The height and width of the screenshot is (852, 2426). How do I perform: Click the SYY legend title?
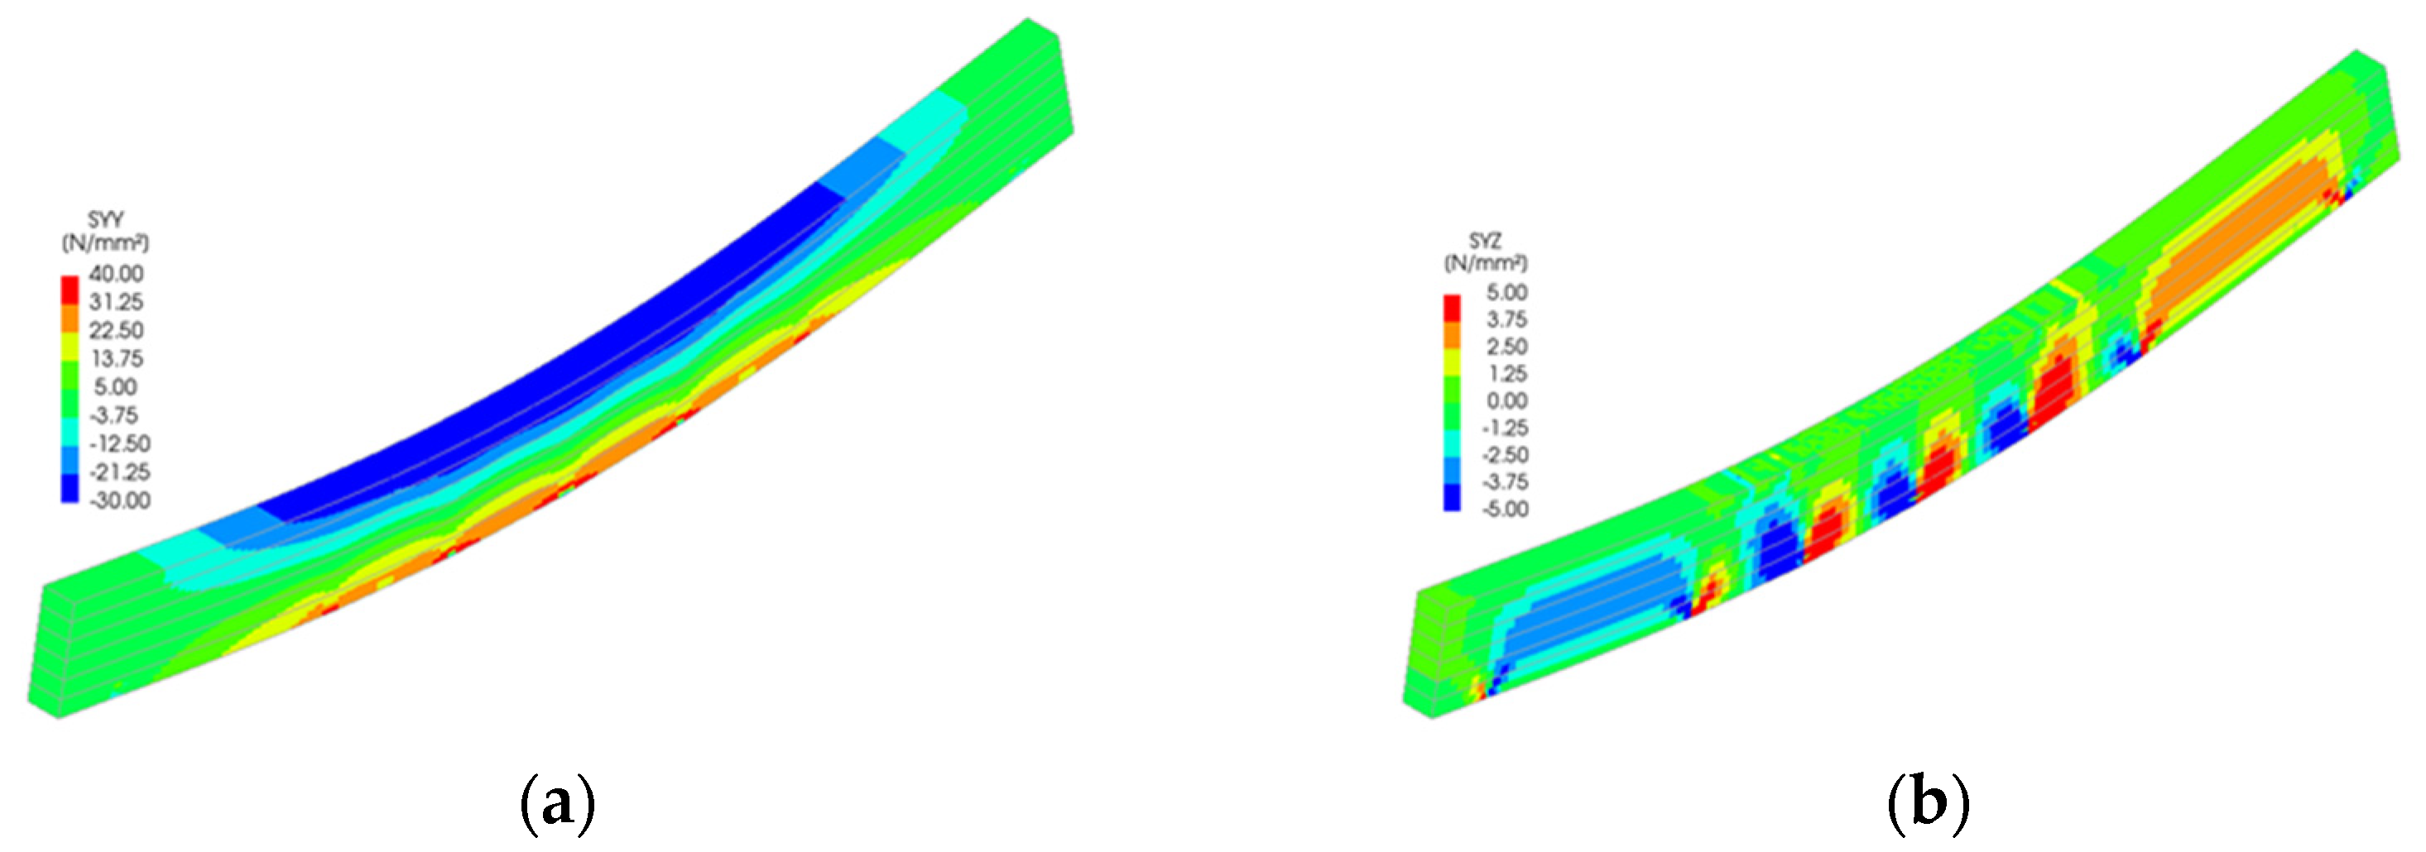[x=105, y=219]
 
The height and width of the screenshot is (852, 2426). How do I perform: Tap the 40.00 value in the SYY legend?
[x=116, y=274]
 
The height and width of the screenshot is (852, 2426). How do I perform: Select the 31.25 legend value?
[x=116, y=302]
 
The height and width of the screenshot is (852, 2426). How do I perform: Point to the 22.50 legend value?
[x=116, y=330]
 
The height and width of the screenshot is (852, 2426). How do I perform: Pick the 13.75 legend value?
[x=116, y=359]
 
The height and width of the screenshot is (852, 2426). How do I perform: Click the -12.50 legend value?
[x=118, y=443]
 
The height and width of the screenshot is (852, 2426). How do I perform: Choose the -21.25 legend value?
[x=118, y=471]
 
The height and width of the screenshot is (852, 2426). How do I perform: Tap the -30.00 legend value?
[x=118, y=500]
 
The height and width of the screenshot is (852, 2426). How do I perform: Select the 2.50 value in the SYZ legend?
[x=1506, y=347]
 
